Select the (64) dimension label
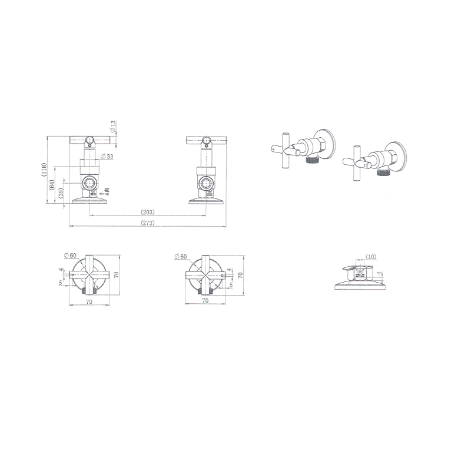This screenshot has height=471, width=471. click(53, 184)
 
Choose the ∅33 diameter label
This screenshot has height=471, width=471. click(107, 156)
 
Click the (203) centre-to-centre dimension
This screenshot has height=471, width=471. click(147, 212)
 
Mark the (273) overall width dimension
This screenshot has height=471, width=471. click(147, 222)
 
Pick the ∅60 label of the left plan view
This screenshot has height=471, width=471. click(70, 256)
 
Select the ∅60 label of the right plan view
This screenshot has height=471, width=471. click(180, 257)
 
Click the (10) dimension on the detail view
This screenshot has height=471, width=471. click(370, 257)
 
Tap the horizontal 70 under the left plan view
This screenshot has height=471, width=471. click(89, 301)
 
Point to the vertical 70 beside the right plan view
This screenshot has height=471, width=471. click(240, 275)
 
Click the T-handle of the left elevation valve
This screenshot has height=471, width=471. click(90, 140)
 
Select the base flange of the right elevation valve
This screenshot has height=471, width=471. click(205, 202)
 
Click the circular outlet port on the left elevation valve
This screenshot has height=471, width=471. click(89, 181)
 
